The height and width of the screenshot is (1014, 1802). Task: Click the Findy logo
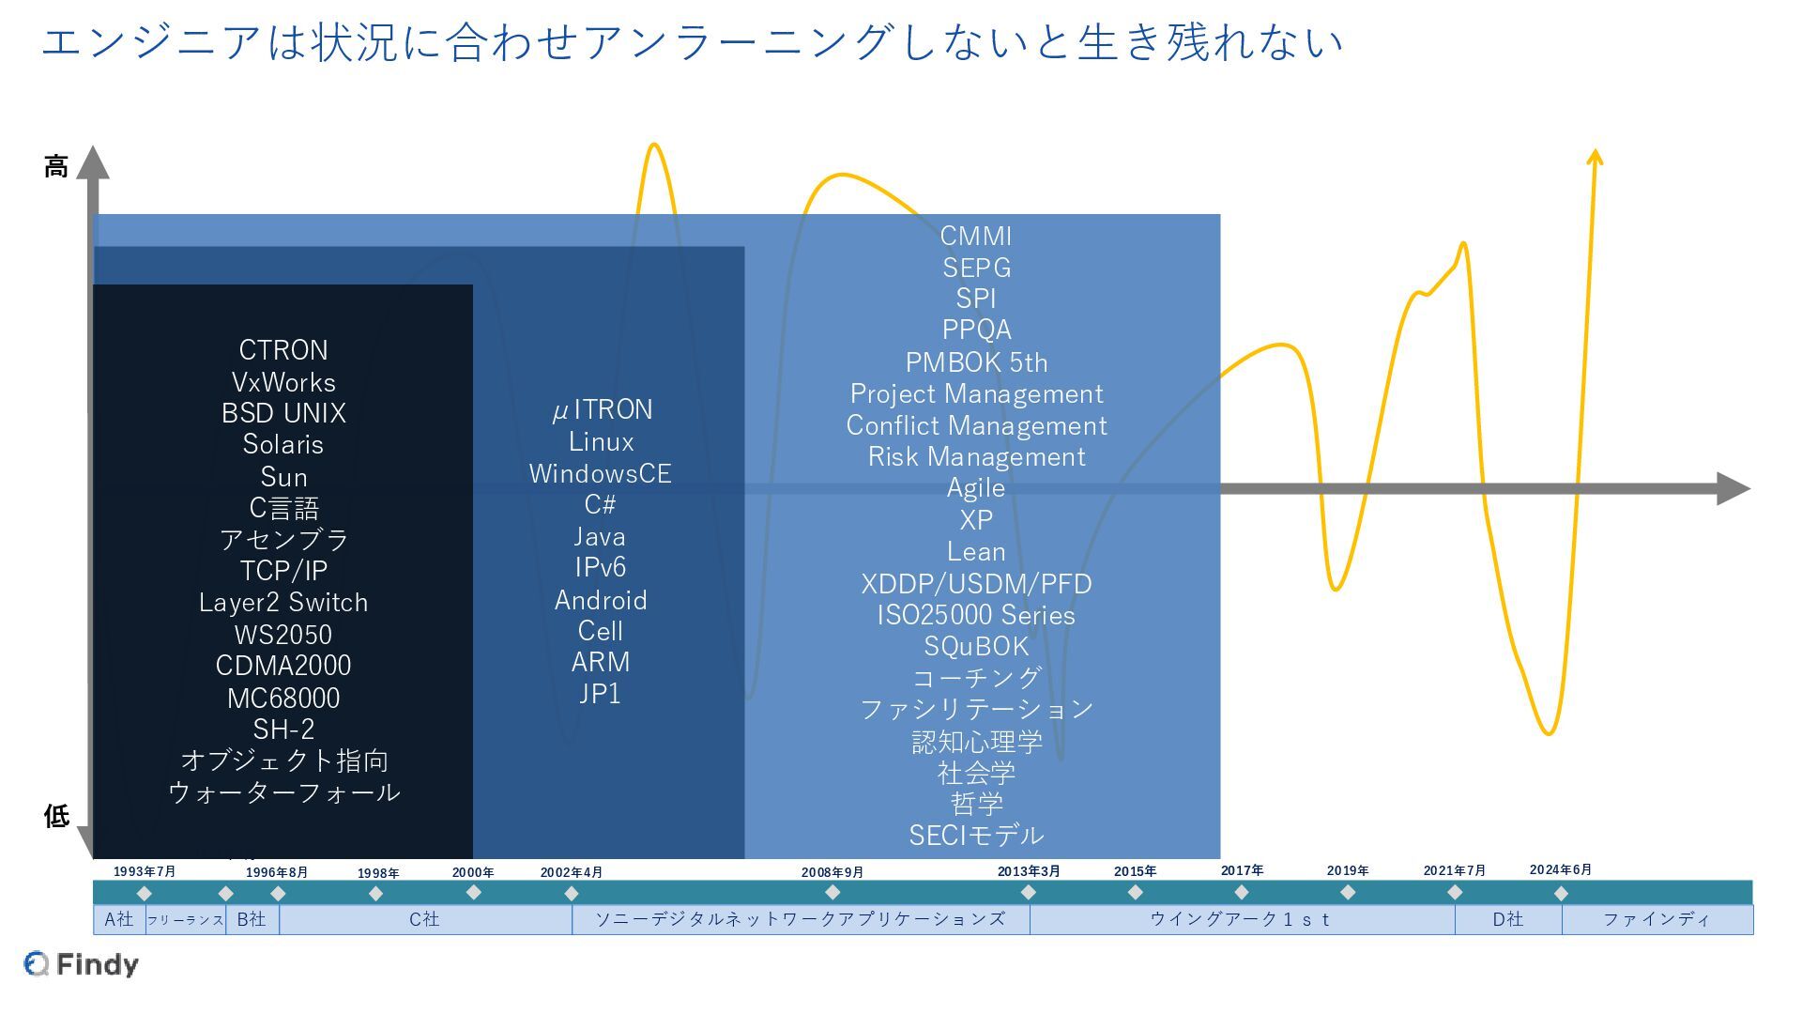pyautogui.click(x=82, y=964)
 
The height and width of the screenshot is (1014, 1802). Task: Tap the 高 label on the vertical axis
pyautogui.click(x=56, y=167)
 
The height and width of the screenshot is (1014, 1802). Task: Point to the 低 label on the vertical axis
pyautogui.click(x=56, y=816)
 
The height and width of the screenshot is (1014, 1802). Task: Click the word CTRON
pyautogui.click(x=283, y=350)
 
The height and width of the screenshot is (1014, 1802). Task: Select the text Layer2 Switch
pyautogui.click(x=283, y=603)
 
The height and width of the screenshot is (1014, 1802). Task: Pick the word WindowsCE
pyautogui.click(x=601, y=473)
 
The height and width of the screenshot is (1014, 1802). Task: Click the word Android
pyautogui.click(x=601, y=600)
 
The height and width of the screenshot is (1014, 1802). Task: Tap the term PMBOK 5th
pyautogui.click(x=976, y=362)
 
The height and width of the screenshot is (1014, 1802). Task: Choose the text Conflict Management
pyautogui.click(x=976, y=425)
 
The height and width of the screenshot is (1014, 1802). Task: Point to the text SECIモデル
pyautogui.click(x=976, y=835)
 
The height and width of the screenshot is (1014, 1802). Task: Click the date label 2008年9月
pyautogui.click(x=832, y=872)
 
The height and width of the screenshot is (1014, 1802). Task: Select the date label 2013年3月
pyautogui.click(x=1029, y=871)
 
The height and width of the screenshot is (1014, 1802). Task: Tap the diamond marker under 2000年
pyautogui.click(x=474, y=893)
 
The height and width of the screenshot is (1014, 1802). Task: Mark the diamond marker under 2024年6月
pyautogui.click(x=1561, y=893)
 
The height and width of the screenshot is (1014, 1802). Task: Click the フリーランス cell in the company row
pyautogui.click(x=185, y=920)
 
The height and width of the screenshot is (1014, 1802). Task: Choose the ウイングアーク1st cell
pyautogui.click(x=1241, y=919)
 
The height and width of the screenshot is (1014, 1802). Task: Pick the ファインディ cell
pyautogui.click(x=1657, y=919)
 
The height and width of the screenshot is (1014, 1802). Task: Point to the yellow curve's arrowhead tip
pyautogui.click(x=1595, y=152)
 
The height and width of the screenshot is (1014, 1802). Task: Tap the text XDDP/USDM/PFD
pyautogui.click(x=976, y=584)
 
